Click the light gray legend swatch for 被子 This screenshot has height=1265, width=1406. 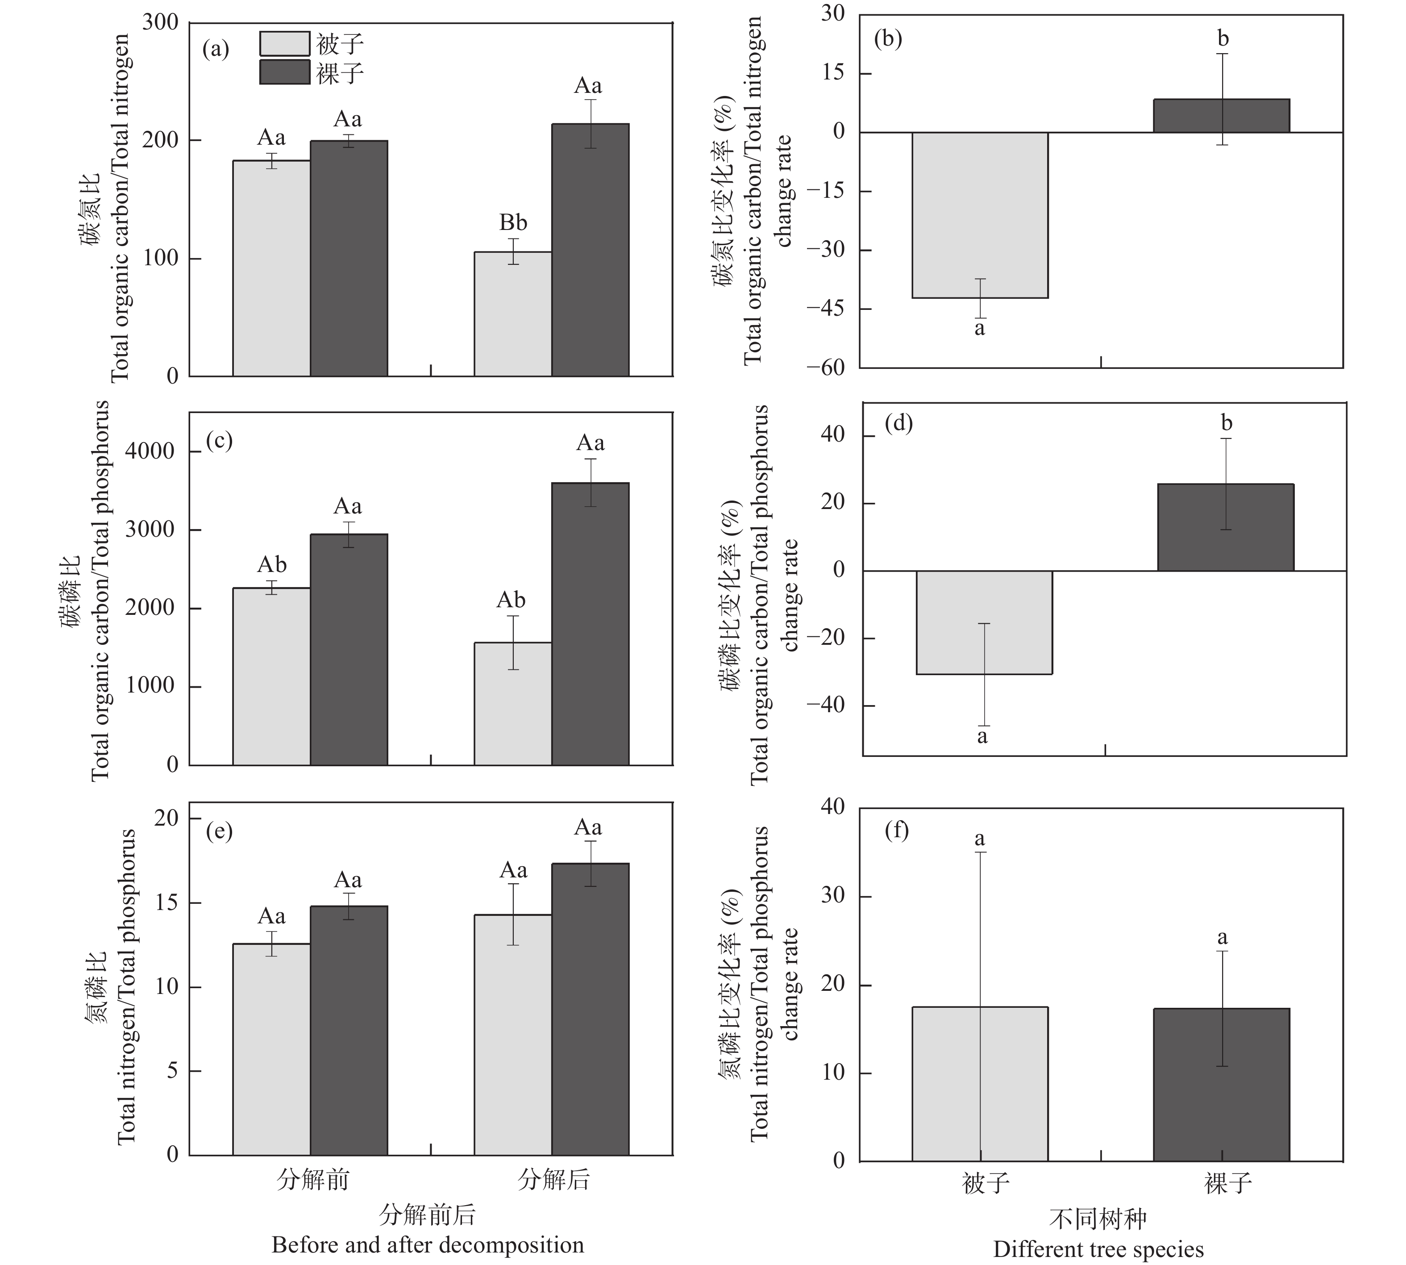point(284,44)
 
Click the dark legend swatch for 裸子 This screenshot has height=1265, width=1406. point(284,72)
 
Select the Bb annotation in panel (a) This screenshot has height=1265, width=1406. point(513,223)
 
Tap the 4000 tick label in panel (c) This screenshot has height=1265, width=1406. point(150,451)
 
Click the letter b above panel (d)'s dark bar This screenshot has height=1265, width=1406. point(1226,422)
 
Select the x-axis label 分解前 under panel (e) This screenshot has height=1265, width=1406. point(312,1180)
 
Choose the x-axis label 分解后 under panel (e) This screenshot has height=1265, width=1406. point(553,1180)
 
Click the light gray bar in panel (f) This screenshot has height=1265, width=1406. point(979,1084)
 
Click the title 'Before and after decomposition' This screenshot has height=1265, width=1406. point(427,1244)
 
